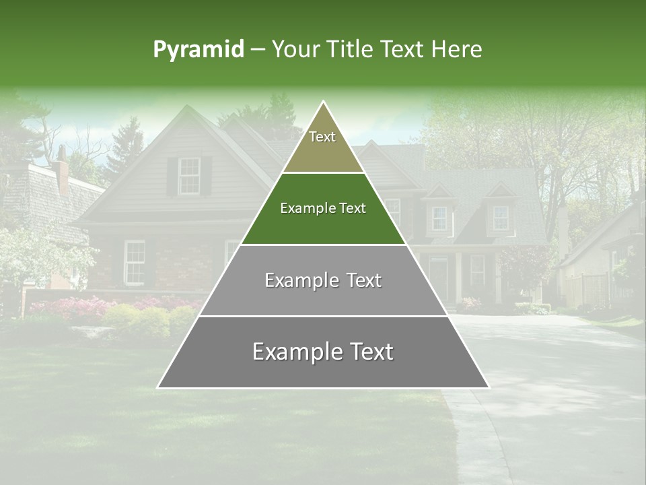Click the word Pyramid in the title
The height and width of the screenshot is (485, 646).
(198, 50)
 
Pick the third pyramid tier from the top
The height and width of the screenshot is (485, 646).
(323, 280)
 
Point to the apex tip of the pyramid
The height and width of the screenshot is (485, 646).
(323, 102)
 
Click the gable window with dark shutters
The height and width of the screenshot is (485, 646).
(189, 175)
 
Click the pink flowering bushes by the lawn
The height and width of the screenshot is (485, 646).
(67, 309)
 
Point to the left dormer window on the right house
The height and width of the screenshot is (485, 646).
(439, 218)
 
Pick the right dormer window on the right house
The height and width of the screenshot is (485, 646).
(501, 218)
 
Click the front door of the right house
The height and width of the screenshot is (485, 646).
(439, 278)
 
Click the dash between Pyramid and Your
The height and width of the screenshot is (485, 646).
(257, 50)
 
